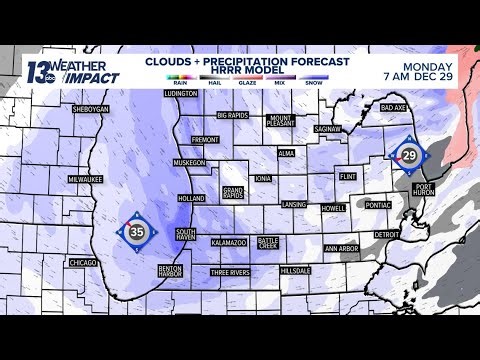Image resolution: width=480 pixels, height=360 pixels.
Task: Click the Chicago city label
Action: click(82, 262)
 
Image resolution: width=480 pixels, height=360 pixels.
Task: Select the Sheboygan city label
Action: click(90, 109)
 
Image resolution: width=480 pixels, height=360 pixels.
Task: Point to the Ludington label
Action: click(181, 93)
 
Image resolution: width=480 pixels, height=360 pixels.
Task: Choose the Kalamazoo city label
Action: click(229, 243)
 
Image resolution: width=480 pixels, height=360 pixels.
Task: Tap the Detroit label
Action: click(386, 234)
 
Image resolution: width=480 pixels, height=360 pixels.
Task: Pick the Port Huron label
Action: click(423, 187)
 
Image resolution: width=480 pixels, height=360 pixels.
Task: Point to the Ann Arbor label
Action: click(341, 249)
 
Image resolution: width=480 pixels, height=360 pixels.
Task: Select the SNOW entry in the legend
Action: click(313, 92)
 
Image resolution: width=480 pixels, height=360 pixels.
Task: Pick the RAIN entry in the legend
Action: click(179, 92)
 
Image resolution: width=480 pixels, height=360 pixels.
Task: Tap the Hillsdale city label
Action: click(296, 270)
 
